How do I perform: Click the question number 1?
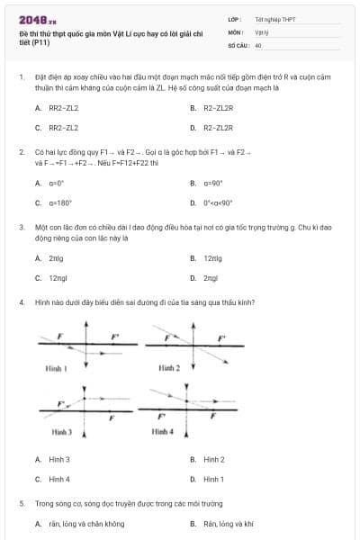point(21,78)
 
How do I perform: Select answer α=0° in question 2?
point(57,183)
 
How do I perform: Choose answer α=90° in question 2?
point(212,183)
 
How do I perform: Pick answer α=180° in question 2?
point(59,202)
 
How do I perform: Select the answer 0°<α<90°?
point(218,202)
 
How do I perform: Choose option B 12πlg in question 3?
point(212,258)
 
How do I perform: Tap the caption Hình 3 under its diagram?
point(62,432)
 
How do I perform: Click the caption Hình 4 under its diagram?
point(163,432)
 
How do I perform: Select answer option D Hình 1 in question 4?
point(213,479)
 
